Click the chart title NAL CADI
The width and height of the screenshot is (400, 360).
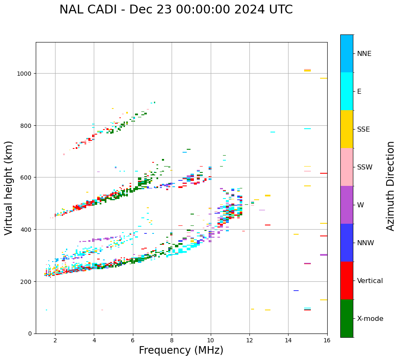[176, 10]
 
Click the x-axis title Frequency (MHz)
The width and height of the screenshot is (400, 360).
[181, 350]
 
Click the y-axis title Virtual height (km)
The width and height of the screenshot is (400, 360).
[9, 188]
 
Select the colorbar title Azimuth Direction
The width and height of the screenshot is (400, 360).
[391, 186]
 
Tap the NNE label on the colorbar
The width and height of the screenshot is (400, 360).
[364, 54]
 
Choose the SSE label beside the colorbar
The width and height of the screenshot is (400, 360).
[363, 130]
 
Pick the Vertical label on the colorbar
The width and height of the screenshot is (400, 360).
[370, 281]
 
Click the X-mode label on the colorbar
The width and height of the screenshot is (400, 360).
[370, 319]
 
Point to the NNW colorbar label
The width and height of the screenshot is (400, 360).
[366, 243]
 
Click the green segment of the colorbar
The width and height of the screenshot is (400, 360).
[347, 318]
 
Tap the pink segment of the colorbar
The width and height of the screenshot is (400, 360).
[347, 167]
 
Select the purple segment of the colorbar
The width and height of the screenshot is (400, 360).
[347, 205]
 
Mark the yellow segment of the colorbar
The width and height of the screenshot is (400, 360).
[347, 129]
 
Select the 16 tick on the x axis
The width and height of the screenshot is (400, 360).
[327, 340]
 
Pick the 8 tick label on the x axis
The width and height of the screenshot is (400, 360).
[172, 340]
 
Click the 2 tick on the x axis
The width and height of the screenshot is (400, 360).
[55, 340]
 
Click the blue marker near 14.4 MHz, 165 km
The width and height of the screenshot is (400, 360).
[296, 291]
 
